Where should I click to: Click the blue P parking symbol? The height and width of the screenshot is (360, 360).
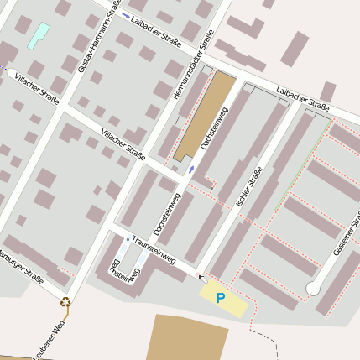(x=221, y=298)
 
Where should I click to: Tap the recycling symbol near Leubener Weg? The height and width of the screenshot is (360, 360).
(x=65, y=303)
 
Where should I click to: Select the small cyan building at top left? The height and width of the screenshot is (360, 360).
(x=39, y=35)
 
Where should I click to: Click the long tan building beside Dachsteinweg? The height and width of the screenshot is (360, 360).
(x=205, y=115)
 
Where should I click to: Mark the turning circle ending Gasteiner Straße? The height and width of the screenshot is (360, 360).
(x=313, y=289)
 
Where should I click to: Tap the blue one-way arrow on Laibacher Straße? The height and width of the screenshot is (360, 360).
(x=125, y=16)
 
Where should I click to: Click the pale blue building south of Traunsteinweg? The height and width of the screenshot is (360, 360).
(x=123, y=251)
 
